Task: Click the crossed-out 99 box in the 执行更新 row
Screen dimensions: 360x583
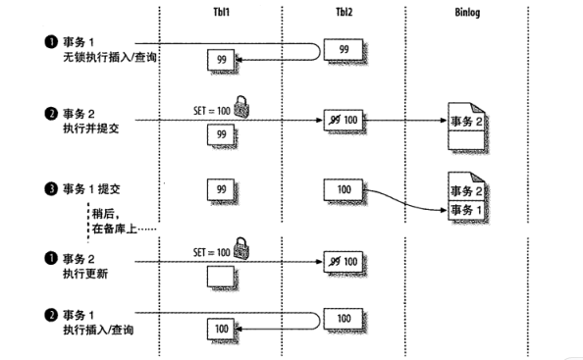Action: coord(343,262)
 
